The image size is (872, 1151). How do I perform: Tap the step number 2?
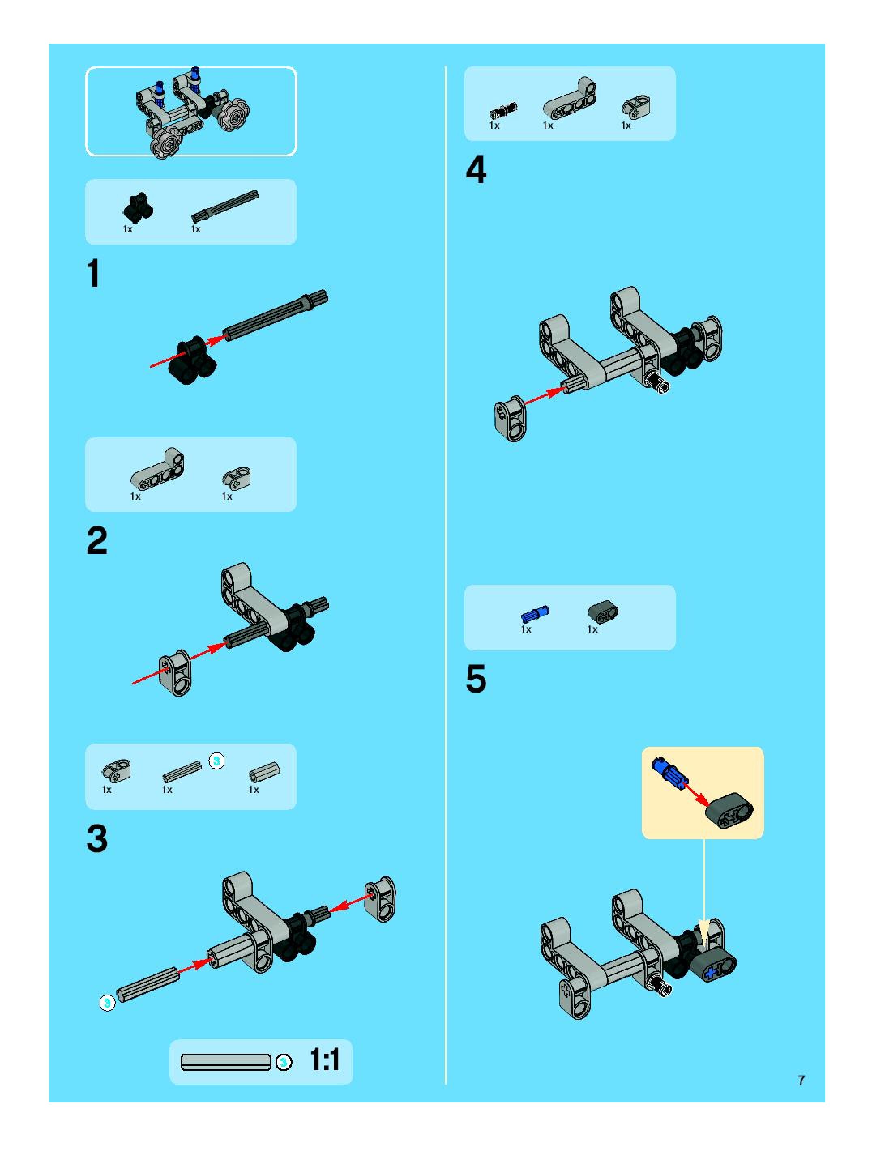tap(97, 541)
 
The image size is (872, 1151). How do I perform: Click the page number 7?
tap(801, 1080)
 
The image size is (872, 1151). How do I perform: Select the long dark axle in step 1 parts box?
tap(225, 207)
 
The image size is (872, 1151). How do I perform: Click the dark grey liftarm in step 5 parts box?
tap(603, 612)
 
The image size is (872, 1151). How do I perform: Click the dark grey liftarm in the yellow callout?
tap(729, 811)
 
